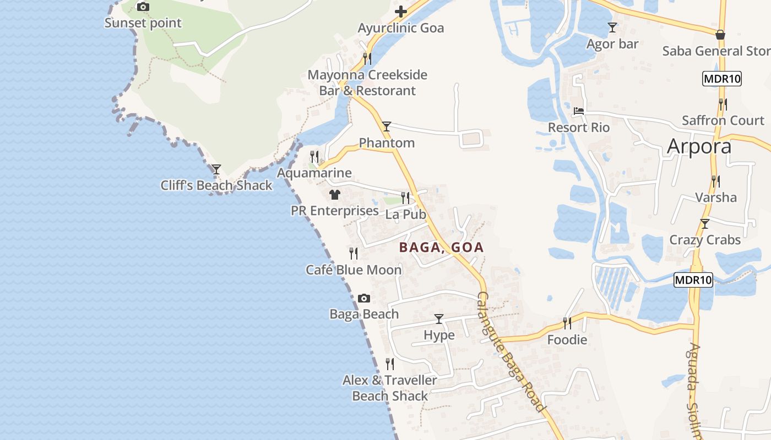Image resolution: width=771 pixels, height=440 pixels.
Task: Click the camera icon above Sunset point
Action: pos(143,7)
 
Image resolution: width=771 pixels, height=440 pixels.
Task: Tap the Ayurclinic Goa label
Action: pos(400,28)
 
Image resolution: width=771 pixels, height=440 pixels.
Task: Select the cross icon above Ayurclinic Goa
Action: pos(401,11)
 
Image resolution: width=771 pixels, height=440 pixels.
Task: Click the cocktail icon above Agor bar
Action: pos(612,27)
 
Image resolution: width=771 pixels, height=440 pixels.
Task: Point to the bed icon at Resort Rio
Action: pos(578,111)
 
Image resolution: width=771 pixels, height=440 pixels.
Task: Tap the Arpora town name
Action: pos(699,146)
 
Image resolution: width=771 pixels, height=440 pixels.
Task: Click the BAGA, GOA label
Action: pos(441,248)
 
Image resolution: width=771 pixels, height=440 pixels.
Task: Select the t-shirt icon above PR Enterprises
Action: pos(334,194)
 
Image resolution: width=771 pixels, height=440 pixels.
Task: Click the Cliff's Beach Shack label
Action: pos(216,185)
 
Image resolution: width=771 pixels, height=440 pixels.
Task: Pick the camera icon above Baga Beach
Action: pos(364,298)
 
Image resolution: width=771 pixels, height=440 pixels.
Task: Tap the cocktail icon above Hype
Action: pos(439,318)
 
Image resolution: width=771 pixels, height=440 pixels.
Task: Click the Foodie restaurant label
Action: pos(567,340)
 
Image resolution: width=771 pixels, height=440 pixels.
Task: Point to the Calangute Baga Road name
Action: pos(511,352)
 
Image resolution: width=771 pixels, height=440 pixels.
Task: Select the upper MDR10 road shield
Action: pos(722,79)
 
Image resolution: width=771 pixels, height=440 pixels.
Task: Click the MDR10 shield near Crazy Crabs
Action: pos(693,280)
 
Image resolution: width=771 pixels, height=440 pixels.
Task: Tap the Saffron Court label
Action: pos(723,120)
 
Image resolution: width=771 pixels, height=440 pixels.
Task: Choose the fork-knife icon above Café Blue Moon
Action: pos(354,254)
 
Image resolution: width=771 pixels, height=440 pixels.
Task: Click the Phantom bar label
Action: pos(387,143)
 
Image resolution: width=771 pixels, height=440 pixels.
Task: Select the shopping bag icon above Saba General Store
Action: pos(720,35)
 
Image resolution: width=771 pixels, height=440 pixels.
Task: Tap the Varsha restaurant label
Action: pos(715,197)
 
